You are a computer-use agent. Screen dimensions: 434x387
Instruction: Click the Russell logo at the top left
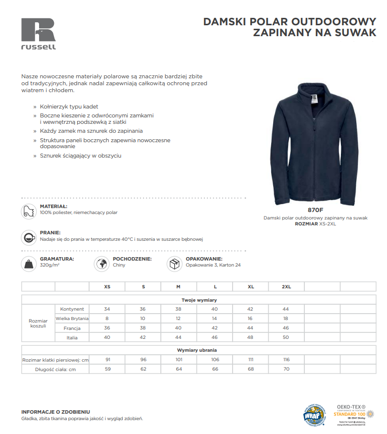[x=39, y=34]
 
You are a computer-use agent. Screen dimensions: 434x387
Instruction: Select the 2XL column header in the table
[x=286, y=287]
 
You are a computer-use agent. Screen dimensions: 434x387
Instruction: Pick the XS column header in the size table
[x=107, y=287]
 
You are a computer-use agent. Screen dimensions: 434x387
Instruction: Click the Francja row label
[x=72, y=328]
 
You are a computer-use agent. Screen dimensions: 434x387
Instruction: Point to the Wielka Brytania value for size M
[x=179, y=319]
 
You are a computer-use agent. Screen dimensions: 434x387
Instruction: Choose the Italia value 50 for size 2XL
[x=286, y=337]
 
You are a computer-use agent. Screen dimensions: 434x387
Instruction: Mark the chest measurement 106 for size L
[x=215, y=360]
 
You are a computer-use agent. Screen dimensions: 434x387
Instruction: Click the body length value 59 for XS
[x=107, y=369]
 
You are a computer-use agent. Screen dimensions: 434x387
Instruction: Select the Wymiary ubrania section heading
[x=197, y=350]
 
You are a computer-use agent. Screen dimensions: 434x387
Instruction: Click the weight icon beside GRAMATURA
[x=29, y=264]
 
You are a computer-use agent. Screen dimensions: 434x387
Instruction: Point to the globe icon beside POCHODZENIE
[x=101, y=264]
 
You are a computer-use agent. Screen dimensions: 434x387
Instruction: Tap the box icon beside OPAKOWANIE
[x=174, y=264]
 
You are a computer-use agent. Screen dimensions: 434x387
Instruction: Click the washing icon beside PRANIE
[x=29, y=237]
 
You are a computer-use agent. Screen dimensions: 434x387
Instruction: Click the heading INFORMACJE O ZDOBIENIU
[x=55, y=412]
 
